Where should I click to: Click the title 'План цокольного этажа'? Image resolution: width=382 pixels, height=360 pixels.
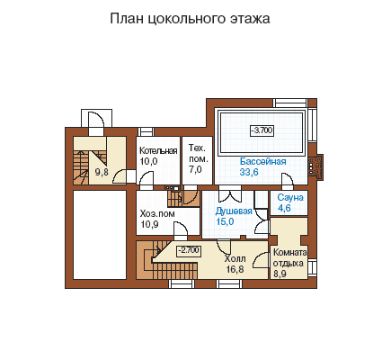(x=190, y=19)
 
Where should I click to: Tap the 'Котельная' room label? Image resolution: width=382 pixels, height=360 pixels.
(x=158, y=150)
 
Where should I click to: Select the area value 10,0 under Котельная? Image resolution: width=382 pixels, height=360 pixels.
(x=148, y=161)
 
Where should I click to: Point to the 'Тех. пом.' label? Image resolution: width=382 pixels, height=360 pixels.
(x=198, y=153)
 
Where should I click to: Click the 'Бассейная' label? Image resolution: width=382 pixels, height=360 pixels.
(x=263, y=161)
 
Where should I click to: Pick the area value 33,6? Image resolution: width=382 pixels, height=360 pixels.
(x=249, y=172)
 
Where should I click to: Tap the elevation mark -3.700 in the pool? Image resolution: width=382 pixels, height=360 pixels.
(x=262, y=130)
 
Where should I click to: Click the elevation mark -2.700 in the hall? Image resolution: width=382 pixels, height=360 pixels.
(x=189, y=250)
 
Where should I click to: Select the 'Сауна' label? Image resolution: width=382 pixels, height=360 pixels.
(x=290, y=197)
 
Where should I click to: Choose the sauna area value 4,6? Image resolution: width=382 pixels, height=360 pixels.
(x=284, y=208)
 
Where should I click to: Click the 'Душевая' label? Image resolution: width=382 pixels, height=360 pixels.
(x=234, y=211)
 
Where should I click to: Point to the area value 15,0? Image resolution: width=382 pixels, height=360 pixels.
(x=225, y=221)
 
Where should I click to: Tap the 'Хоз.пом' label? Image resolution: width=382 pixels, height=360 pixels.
(x=157, y=214)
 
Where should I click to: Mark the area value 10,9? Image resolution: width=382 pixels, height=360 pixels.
(x=149, y=224)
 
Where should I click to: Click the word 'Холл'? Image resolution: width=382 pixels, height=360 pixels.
(x=235, y=258)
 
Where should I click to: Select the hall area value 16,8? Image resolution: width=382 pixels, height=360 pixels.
(x=235, y=269)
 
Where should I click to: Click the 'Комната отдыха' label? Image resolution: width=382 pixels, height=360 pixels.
(x=289, y=258)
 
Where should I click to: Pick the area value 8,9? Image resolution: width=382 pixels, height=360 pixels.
(x=280, y=274)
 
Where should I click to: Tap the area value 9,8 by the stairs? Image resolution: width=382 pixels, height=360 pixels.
(x=102, y=172)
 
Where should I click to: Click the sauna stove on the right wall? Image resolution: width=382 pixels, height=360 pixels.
(x=315, y=166)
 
